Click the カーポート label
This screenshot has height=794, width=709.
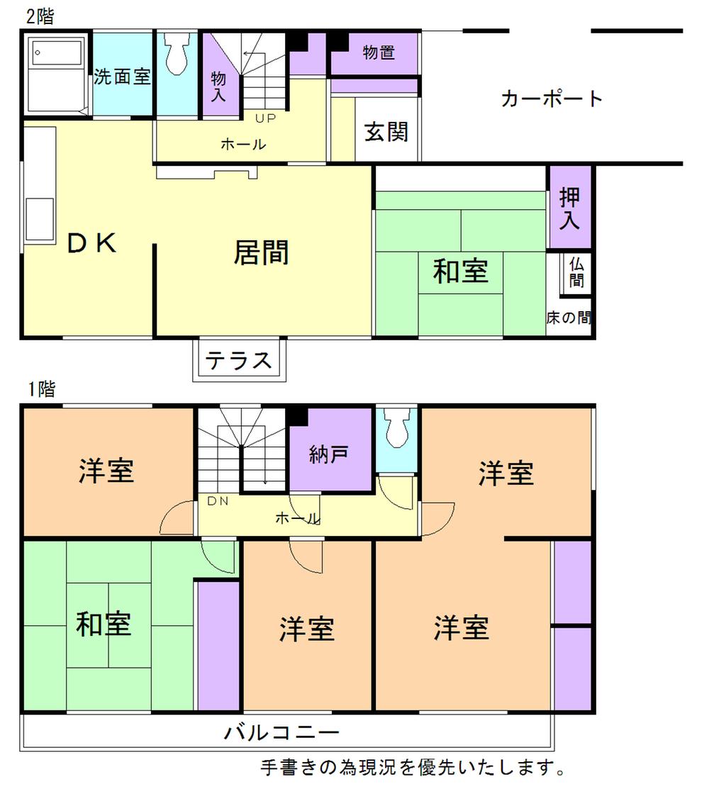(x=552, y=99)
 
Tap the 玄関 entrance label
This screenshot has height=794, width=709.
(x=386, y=131)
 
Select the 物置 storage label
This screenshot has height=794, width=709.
(x=378, y=52)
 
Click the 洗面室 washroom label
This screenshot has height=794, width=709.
(x=123, y=77)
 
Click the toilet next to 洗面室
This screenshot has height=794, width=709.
(x=177, y=54)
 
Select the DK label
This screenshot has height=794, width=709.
(x=91, y=244)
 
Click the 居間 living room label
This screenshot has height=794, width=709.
(x=262, y=252)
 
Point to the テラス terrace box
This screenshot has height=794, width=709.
(x=240, y=360)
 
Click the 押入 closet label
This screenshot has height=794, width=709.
(x=569, y=207)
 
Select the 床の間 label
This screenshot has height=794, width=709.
(x=569, y=318)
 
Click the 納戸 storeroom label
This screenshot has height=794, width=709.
(x=329, y=454)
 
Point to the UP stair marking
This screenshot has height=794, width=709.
(x=266, y=118)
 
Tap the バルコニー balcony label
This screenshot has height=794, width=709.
(x=282, y=732)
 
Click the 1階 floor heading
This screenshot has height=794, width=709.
(x=42, y=388)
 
